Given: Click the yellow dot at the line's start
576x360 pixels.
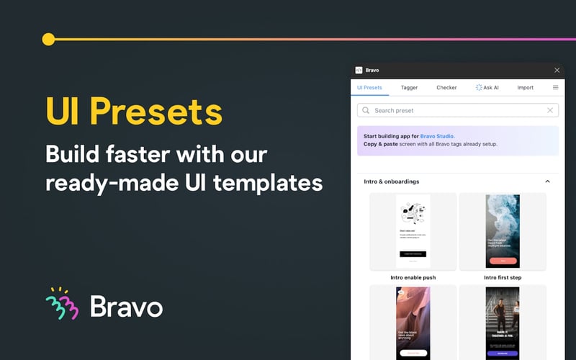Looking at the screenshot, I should pyautogui.click(x=48, y=39).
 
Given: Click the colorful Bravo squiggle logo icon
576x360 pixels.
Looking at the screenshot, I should pyautogui.click(x=61, y=304).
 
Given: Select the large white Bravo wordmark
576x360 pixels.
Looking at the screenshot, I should pyautogui.click(x=126, y=306).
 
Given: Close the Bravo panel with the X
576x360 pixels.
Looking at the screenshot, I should pyautogui.click(x=557, y=70).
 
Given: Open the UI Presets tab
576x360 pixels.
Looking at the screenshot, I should pyautogui.click(x=369, y=88).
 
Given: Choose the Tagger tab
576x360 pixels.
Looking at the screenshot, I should pyautogui.click(x=409, y=88).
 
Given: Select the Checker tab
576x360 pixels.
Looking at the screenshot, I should pyautogui.click(x=446, y=88).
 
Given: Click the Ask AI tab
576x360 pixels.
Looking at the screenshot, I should pyautogui.click(x=487, y=88).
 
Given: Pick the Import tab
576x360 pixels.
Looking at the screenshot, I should pyautogui.click(x=525, y=88).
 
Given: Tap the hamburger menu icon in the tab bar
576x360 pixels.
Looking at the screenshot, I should pyautogui.click(x=555, y=88).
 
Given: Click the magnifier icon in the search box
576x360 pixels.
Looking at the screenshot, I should pyautogui.click(x=366, y=111).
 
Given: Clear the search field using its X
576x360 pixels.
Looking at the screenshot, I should pyautogui.click(x=550, y=111).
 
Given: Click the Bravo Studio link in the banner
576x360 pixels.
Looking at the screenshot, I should pyautogui.click(x=437, y=135).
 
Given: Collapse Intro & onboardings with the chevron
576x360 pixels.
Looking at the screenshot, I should pyautogui.click(x=547, y=181).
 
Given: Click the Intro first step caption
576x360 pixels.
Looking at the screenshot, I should pyautogui.click(x=502, y=277).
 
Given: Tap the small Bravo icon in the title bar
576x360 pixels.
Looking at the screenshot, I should pyautogui.click(x=359, y=70).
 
